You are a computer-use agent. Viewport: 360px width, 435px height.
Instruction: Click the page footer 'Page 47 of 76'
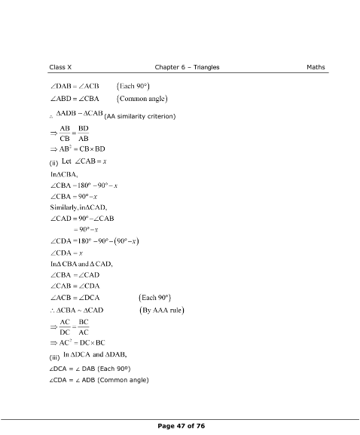point(180,427)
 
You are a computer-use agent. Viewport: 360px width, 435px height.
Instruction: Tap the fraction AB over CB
point(65,133)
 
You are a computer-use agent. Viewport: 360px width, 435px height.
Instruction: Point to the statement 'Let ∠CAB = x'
point(84,161)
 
